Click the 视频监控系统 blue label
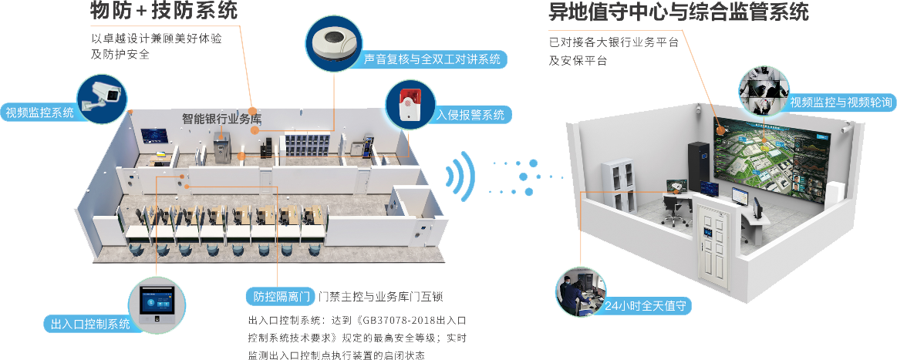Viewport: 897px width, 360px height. (x=40, y=113)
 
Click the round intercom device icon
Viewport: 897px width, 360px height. (x=334, y=44)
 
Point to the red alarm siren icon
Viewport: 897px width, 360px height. (x=409, y=106)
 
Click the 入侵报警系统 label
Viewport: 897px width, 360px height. (x=470, y=116)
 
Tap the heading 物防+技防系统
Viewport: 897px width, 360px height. (x=164, y=11)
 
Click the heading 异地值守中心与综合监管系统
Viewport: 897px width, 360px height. (x=678, y=12)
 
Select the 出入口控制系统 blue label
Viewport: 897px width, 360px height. (x=90, y=325)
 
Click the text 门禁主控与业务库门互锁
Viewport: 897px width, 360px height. (x=380, y=297)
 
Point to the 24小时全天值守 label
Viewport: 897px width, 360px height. (x=646, y=306)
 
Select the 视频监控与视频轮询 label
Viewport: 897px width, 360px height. (x=840, y=103)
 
